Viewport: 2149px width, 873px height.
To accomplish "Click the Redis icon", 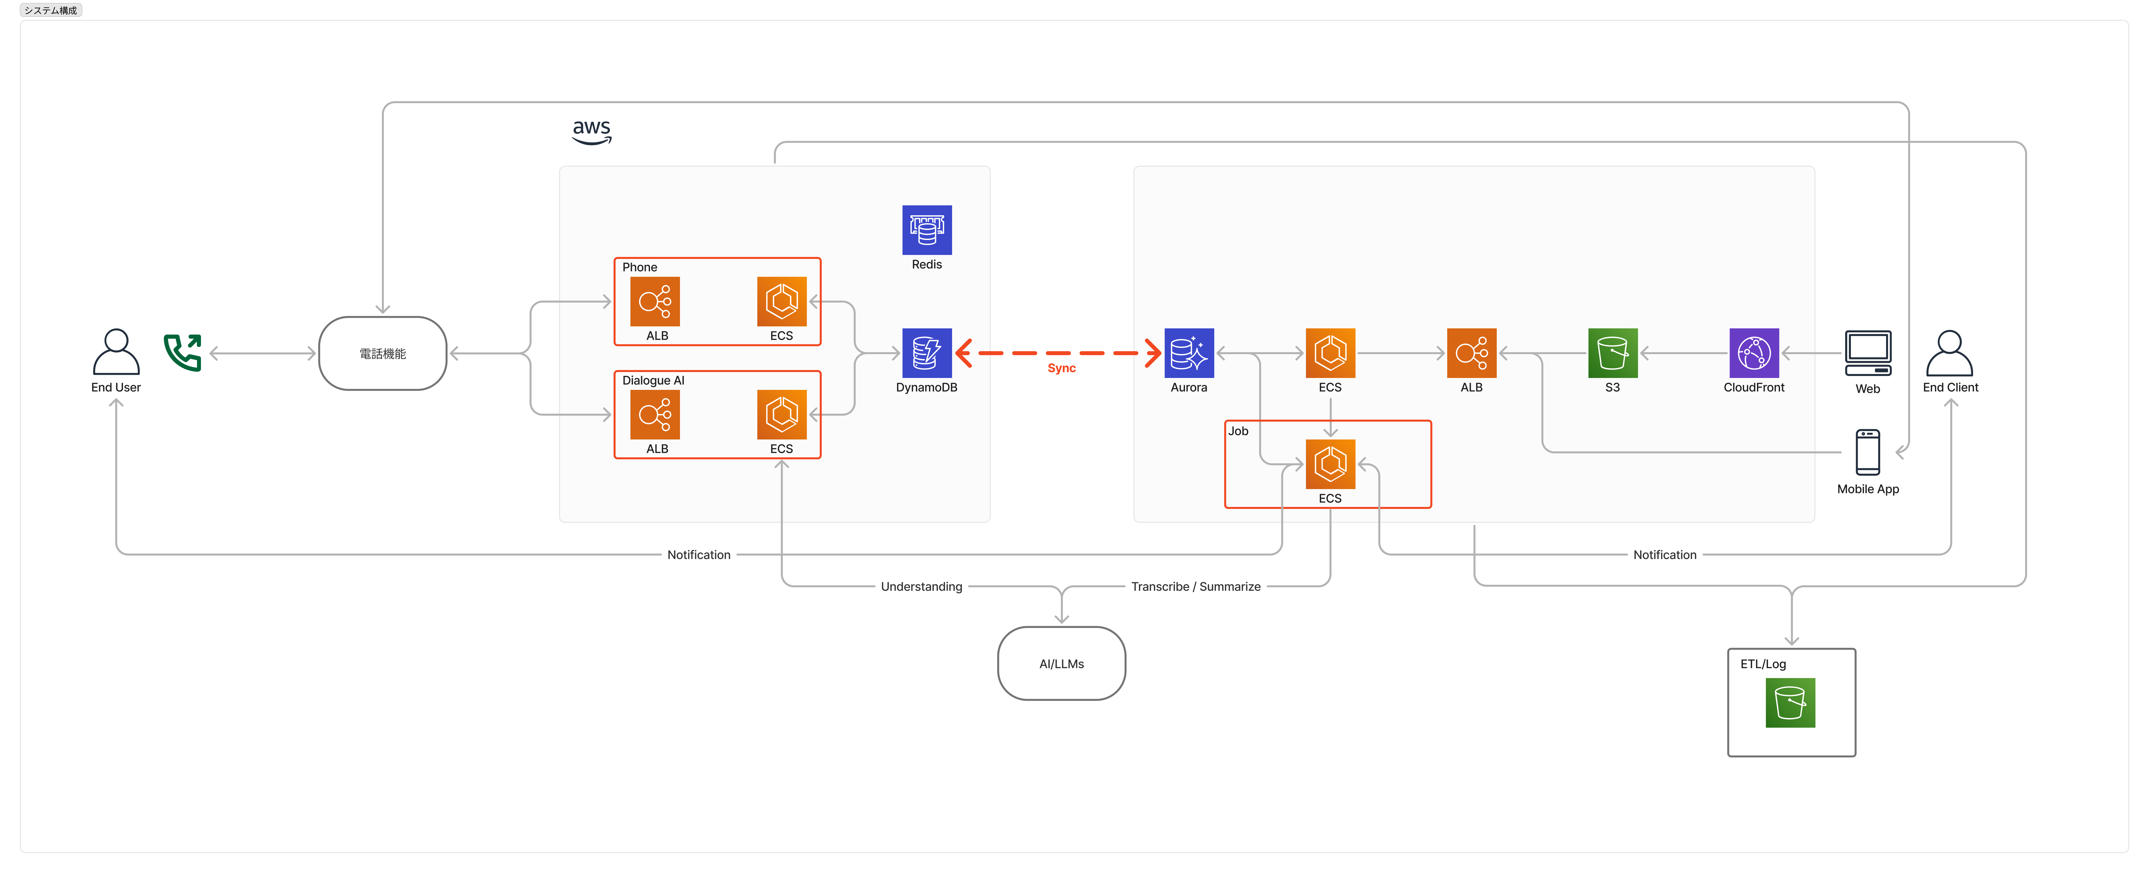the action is (927, 230).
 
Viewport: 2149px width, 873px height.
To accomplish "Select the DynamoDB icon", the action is (927, 353).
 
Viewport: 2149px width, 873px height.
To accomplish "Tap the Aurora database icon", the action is (1189, 353).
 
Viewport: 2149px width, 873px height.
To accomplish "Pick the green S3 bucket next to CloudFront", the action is (1612, 353).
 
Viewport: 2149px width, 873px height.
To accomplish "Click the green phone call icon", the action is (183, 352).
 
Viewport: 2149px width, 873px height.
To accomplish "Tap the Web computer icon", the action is (1868, 354).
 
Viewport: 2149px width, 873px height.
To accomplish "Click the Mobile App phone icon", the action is (1868, 452).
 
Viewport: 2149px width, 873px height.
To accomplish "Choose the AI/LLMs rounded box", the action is (1061, 663).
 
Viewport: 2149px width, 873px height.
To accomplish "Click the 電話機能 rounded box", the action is (383, 353).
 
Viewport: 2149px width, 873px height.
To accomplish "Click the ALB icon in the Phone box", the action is (655, 301).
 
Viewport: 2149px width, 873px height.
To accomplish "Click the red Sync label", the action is (1061, 368).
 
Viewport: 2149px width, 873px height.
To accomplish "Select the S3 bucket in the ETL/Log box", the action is (1790, 703).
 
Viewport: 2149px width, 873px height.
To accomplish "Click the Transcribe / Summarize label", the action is (1195, 587).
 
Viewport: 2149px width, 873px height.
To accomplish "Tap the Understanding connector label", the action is (921, 587).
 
